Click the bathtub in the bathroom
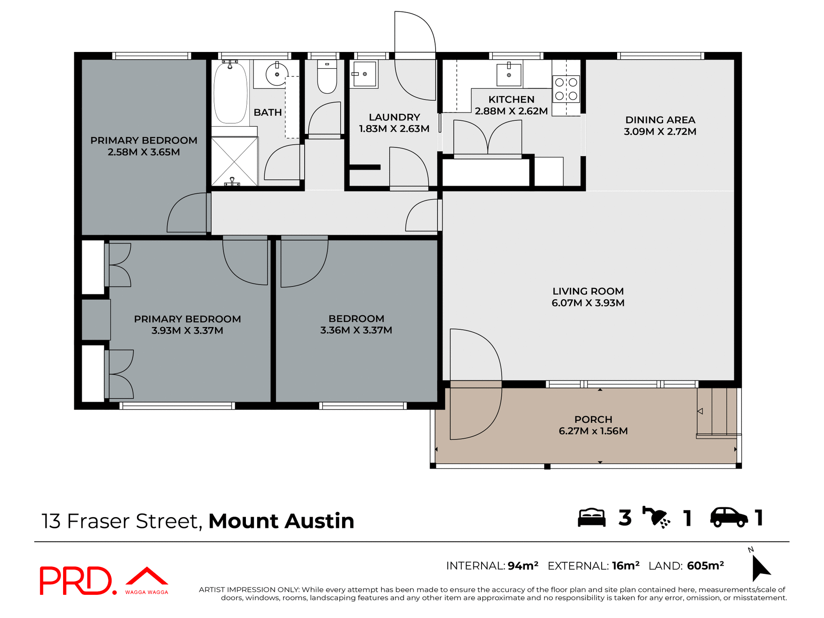tap(230, 93)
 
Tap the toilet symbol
tap(327, 77)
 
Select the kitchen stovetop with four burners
tap(566, 89)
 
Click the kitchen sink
tap(509, 75)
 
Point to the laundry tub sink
tap(364, 74)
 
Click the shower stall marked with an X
tap(234, 161)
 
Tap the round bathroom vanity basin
tap(277, 75)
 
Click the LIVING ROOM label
tap(588, 291)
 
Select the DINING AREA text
tap(660, 120)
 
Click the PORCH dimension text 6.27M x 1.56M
tap(593, 431)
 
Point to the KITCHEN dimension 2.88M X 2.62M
tap(511, 111)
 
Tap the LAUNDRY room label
tap(394, 117)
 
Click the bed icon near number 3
tap(591, 518)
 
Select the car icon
tap(729, 517)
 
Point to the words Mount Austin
tap(281, 521)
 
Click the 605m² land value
tap(705, 566)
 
